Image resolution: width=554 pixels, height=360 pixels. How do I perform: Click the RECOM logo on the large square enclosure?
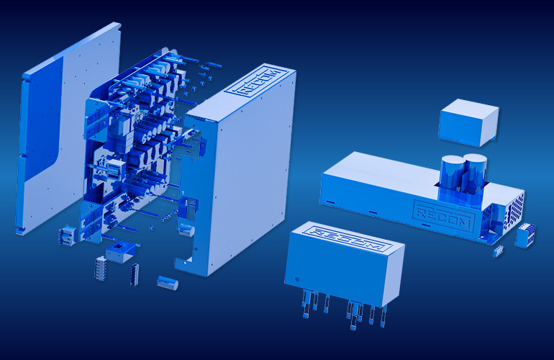[257, 83]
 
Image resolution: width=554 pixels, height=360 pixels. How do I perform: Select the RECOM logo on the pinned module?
[348, 239]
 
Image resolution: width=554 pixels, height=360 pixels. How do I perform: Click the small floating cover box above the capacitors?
[468, 122]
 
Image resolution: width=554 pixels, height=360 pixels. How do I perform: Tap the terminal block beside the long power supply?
[525, 235]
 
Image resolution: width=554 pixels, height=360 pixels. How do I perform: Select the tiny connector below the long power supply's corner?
[498, 251]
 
